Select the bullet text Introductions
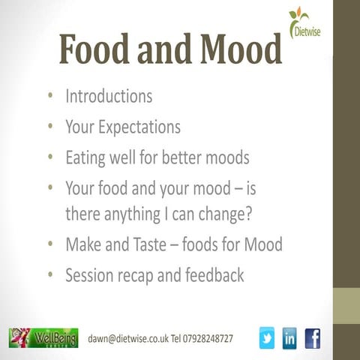click(x=109, y=97)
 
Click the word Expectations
click(x=137, y=127)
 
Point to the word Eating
click(x=86, y=157)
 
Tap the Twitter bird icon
click(x=267, y=338)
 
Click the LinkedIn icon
click(x=290, y=338)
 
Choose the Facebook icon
click(x=312, y=338)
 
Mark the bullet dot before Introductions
click(x=49, y=97)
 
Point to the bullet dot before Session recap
click(x=49, y=276)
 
